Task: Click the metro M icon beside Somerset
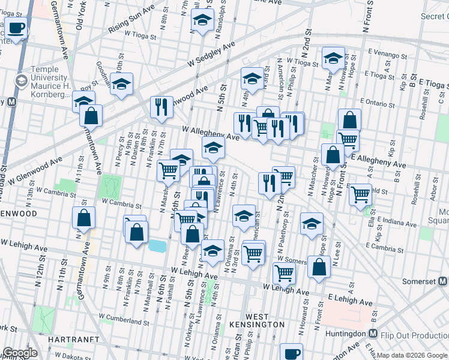click(x=442, y=281)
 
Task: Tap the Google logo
click(x=19, y=353)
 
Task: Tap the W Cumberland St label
click(x=124, y=318)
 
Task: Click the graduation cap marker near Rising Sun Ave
click(x=203, y=20)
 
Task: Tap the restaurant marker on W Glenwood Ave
click(x=161, y=107)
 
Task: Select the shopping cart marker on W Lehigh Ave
click(x=284, y=273)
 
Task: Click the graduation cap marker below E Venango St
click(x=332, y=58)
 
